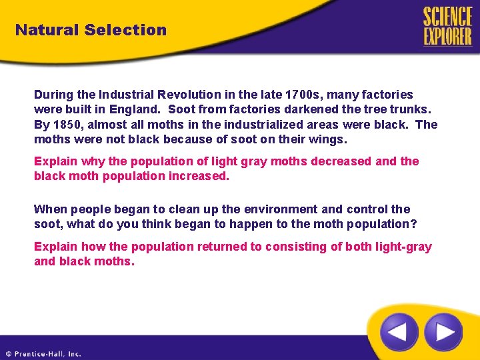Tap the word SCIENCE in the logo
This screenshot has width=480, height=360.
tap(447, 16)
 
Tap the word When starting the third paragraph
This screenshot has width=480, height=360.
tap(49, 209)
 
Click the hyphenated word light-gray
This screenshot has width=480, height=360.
tap(401, 247)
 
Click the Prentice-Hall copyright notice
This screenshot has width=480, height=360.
tap(43, 354)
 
